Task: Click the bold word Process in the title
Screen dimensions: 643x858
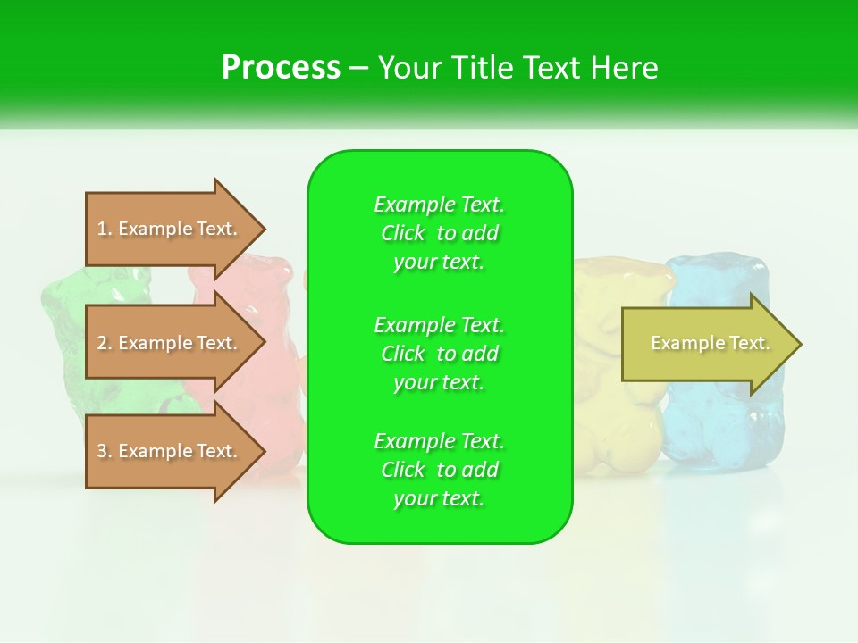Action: point(281,68)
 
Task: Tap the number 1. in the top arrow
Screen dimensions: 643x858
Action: point(105,229)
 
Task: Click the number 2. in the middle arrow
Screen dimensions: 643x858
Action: point(105,343)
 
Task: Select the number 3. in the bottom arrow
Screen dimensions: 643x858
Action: point(105,451)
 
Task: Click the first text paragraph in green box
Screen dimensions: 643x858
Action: point(439,233)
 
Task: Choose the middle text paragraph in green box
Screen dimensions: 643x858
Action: point(439,354)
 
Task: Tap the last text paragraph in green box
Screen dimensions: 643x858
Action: point(439,470)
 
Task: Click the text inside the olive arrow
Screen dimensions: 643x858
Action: point(710,343)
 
